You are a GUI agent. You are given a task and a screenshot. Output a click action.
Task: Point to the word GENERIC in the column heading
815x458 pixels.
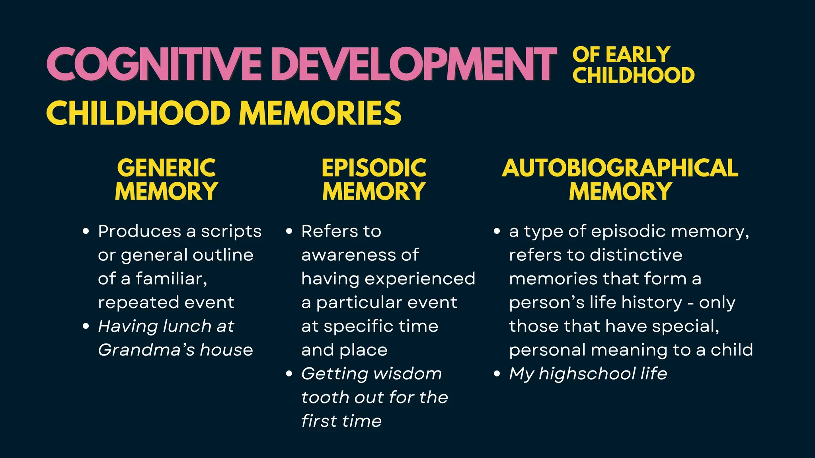coord(166,168)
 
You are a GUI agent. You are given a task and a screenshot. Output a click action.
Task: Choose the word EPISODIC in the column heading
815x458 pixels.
coord(374,168)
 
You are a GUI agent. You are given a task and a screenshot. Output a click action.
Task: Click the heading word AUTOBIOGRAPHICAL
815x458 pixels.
coord(620,168)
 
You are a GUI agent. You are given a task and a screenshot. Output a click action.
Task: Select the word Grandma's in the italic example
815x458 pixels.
coord(146,350)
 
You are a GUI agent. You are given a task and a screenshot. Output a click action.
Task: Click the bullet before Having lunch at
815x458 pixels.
coord(86,326)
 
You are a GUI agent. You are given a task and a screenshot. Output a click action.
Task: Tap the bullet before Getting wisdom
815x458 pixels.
coord(289,374)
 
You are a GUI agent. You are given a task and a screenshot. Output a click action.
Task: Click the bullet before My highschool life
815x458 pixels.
coord(497,374)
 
